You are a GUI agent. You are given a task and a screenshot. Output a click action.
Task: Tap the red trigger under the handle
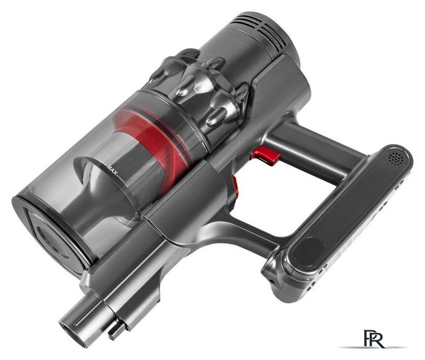[265, 155]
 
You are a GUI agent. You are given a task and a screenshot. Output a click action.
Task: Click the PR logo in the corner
[374, 338]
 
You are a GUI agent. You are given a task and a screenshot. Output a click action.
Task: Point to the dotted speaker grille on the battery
[397, 157]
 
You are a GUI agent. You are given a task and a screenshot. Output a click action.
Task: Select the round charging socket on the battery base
[271, 282]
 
